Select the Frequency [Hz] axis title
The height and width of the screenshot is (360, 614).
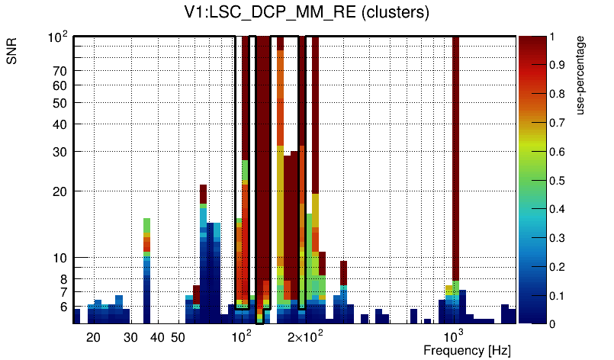coord(467,350)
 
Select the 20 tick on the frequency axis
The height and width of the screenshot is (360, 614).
coord(93,337)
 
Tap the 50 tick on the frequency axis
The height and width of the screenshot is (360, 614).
coord(178,337)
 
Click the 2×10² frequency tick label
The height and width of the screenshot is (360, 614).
coord(306,336)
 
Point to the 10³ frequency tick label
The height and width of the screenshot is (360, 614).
coord(454,336)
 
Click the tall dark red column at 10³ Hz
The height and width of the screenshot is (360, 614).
coord(455,153)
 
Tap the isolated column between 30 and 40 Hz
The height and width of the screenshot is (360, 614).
coord(147,267)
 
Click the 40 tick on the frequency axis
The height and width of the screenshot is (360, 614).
coord(157,337)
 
